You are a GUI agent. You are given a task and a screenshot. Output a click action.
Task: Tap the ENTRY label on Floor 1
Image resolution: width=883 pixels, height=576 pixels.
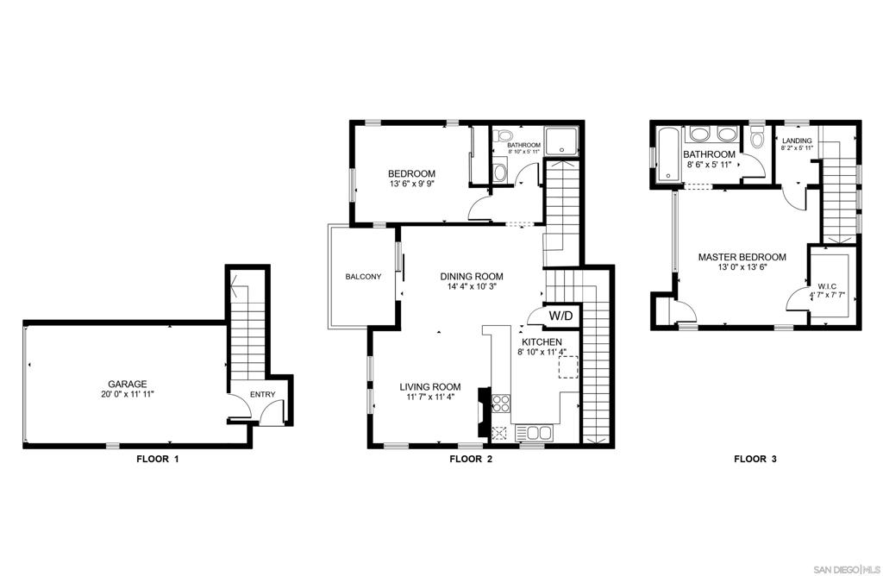pos(262,394)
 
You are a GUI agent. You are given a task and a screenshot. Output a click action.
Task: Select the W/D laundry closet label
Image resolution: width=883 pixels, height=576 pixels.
pos(560,316)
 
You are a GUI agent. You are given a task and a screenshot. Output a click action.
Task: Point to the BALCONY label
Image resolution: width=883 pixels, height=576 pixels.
pos(363,277)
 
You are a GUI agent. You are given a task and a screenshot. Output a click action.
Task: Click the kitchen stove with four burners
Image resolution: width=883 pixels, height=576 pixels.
pos(501,404)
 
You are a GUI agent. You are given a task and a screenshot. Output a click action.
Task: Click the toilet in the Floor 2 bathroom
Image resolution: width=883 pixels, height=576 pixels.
pos(502,135)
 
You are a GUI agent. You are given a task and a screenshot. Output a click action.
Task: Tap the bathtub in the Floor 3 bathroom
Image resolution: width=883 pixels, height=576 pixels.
pos(669,154)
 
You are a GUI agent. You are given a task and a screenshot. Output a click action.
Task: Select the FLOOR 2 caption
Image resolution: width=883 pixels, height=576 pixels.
pos(471,459)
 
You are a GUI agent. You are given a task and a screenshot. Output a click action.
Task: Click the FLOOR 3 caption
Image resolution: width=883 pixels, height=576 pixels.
pos(755,459)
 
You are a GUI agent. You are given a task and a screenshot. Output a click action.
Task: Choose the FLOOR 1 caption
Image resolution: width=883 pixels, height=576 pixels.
pos(158,459)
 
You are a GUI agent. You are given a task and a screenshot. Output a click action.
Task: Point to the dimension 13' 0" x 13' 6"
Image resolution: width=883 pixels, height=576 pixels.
pos(742,267)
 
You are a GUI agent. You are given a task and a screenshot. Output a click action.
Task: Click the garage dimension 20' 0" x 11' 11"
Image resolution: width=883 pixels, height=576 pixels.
pos(124,394)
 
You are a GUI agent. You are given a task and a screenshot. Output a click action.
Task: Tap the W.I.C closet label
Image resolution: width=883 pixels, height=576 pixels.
pos(827,285)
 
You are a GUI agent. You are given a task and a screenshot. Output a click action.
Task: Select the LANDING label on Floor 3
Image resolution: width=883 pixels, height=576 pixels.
pos(797,141)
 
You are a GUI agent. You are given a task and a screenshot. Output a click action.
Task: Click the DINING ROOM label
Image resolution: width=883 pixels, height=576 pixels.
pos(472,277)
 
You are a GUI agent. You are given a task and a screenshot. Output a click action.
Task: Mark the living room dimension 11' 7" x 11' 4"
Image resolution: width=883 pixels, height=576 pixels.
pos(430,397)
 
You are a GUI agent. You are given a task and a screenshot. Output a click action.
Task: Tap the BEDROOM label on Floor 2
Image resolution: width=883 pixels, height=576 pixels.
pos(411,173)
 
